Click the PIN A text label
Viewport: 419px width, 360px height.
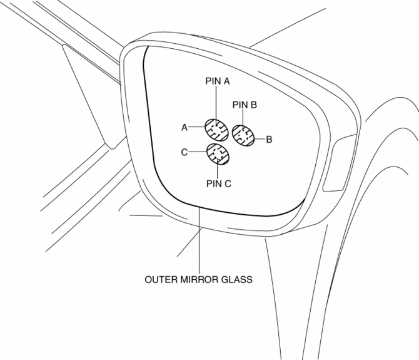point(218,81)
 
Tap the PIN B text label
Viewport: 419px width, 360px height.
point(245,105)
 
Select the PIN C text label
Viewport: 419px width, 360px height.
point(218,183)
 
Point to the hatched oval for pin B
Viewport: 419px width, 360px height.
point(243,135)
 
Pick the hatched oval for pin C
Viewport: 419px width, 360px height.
point(217,153)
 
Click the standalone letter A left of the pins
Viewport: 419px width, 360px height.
point(185,127)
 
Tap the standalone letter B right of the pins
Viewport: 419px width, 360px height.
point(268,139)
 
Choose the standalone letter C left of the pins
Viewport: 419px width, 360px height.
point(184,152)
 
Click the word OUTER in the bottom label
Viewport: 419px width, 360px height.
point(162,280)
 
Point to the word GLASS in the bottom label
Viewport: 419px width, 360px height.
point(239,280)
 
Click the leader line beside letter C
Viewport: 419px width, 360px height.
point(196,152)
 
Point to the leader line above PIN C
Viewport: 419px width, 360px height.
point(217,172)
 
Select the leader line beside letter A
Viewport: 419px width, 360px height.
point(196,127)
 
